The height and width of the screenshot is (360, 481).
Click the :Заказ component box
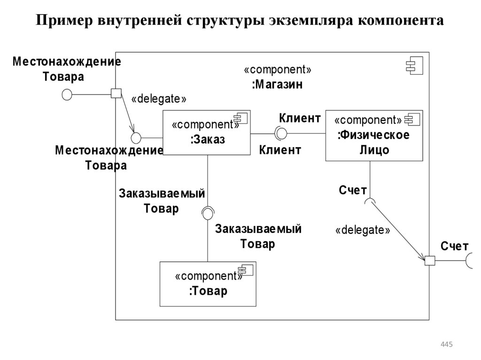(x=207, y=133)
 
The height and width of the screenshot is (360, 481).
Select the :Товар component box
(x=208, y=284)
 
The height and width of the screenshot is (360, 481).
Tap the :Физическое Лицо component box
(x=374, y=136)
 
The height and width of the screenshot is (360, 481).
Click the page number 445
(x=446, y=345)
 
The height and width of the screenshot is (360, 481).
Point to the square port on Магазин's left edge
(x=116, y=93)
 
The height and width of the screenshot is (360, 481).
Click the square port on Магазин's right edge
(x=429, y=261)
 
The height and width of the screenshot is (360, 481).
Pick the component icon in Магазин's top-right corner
(x=415, y=66)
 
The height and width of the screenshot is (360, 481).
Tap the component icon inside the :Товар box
(x=246, y=269)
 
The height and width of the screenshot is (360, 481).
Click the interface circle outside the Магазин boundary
(x=67, y=94)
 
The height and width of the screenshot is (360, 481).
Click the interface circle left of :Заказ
(x=136, y=138)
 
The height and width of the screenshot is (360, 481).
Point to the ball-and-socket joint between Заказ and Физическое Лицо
(x=281, y=133)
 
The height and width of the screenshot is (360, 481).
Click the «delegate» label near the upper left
(x=159, y=99)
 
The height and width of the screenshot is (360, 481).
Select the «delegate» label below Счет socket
(x=363, y=230)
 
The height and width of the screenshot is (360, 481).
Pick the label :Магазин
(x=277, y=85)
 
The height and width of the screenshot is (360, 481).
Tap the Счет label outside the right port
(x=454, y=246)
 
